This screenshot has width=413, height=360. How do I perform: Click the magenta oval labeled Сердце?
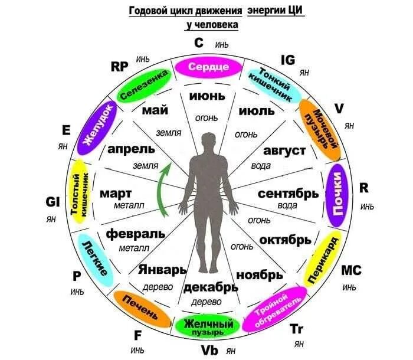[x=208, y=67]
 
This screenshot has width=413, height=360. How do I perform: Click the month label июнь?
[x=207, y=96]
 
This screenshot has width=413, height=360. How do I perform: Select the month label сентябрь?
[x=288, y=193]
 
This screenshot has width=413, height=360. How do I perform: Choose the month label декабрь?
[x=211, y=287]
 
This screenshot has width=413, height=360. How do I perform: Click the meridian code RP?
[x=120, y=66]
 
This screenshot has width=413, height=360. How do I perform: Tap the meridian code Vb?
[x=210, y=349]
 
